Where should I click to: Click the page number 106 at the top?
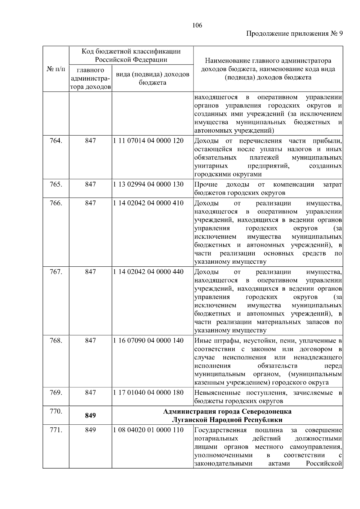pyautogui.click(x=197, y=25)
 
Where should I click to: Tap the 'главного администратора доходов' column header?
pyautogui.click(x=90, y=79)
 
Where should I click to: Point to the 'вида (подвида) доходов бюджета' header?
pyautogui.click(x=152, y=78)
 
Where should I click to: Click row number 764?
pyautogui.click(x=56, y=141)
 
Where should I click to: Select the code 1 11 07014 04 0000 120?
pyautogui.click(x=148, y=141)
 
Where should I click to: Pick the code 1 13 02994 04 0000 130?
pyautogui.click(x=148, y=184)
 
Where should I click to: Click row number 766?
pyautogui.click(x=56, y=203)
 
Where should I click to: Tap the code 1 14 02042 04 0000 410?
pyautogui.click(x=148, y=203)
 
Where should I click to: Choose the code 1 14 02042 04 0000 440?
pyautogui.click(x=148, y=272)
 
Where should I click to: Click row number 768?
pyautogui.click(x=56, y=340)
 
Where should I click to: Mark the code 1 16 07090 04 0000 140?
pyautogui.click(x=148, y=340)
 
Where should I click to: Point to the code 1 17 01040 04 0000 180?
pyautogui.click(x=148, y=392)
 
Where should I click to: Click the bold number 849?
pyautogui.click(x=90, y=415)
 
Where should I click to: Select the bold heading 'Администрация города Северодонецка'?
pyautogui.click(x=227, y=411)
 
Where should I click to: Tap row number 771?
pyautogui.click(x=56, y=430)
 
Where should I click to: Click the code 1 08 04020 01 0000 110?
pyautogui.click(x=148, y=430)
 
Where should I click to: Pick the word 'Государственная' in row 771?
pyautogui.click(x=220, y=430)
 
